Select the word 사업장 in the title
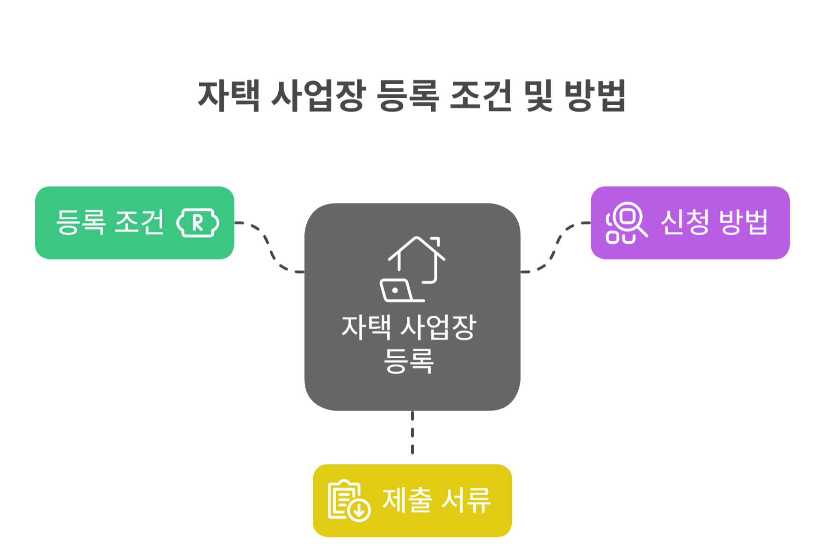318,96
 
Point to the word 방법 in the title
595,96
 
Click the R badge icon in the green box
198,223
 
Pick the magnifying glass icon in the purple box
627,223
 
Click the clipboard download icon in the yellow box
349,500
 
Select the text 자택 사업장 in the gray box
409,327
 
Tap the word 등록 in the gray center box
409,361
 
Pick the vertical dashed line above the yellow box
412,433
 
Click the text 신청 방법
714,223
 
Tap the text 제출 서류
436,500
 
